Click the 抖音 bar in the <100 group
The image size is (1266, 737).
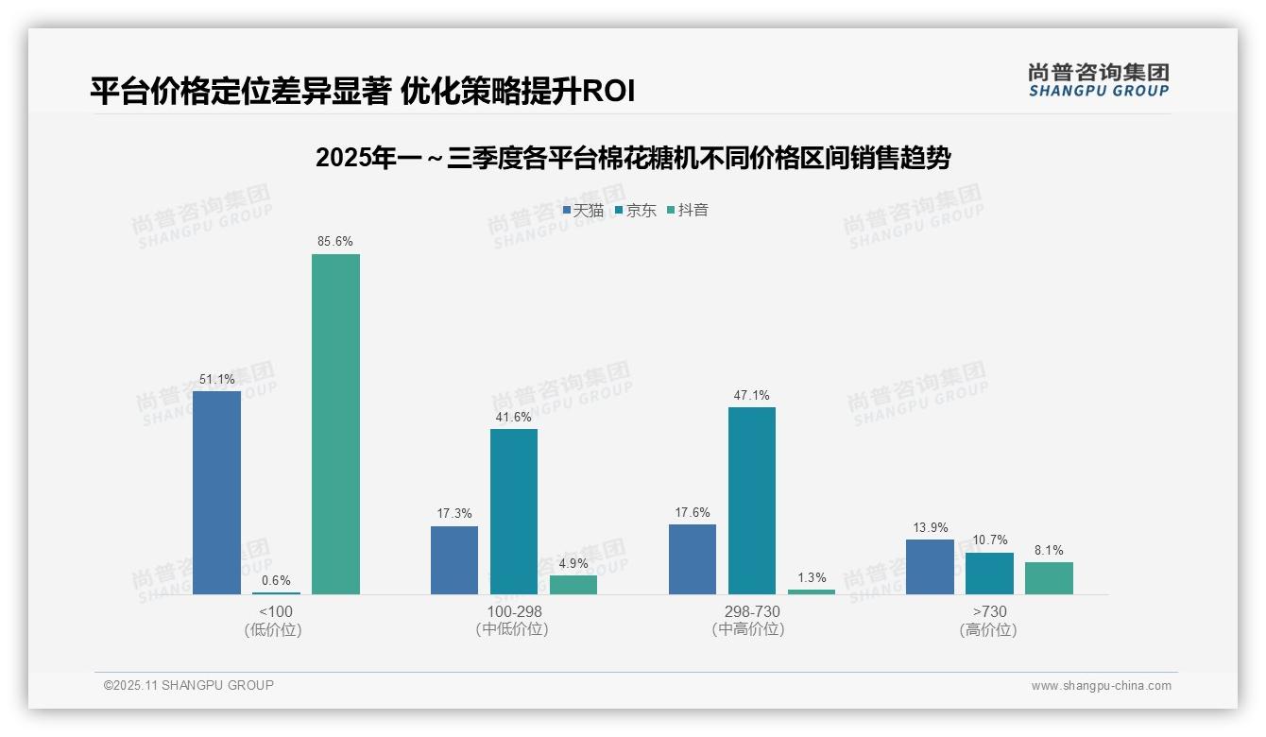click(335, 424)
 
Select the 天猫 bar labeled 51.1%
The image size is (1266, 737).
click(216, 492)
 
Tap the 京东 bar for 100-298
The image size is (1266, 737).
click(514, 511)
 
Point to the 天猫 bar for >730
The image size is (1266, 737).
click(930, 567)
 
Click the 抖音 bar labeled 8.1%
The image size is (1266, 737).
click(1049, 578)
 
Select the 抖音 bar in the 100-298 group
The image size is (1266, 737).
click(573, 585)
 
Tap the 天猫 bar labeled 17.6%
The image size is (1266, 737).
click(693, 559)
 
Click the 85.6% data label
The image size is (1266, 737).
click(335, 242)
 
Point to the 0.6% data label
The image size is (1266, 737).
click(276, 580)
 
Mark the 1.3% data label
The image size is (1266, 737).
click(812, 577)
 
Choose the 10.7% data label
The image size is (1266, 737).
click(989, 540)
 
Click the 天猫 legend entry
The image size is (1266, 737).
click(584, 211)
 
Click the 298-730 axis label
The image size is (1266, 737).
click(752, 612)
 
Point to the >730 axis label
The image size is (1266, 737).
click(989, 612)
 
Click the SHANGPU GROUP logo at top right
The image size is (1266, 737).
click(1098, 80)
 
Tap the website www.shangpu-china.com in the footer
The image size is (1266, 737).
click(1101, 686)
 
